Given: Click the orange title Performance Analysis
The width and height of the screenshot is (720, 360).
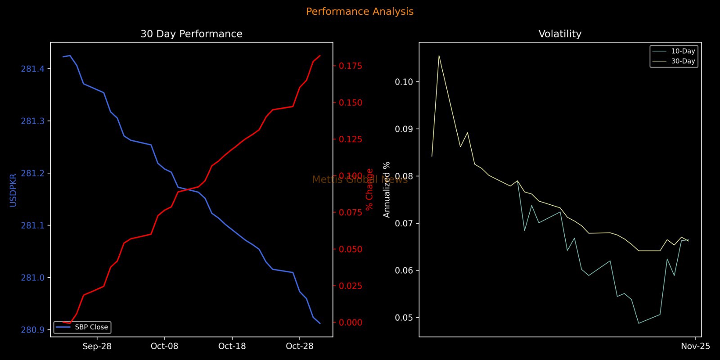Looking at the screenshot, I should point(360,12).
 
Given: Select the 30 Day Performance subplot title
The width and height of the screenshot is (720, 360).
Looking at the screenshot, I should point(191,34).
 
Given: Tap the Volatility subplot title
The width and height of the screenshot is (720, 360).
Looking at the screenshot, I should point(560,34).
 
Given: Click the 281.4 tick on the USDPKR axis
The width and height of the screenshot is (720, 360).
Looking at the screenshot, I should point(33,69).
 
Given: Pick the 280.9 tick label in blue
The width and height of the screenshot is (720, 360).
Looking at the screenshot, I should point(33,330).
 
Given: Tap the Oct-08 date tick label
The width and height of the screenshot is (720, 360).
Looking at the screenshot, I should point(164,346).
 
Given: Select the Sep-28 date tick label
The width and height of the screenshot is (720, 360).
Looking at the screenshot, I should point(97,346).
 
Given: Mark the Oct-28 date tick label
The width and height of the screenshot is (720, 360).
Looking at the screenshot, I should point(299,346).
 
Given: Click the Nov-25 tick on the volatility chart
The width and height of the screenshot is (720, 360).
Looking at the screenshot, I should point(695,346).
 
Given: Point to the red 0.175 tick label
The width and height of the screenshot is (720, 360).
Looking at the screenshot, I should point(351,66).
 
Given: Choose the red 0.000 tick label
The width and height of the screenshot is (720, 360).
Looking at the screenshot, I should point(351,323).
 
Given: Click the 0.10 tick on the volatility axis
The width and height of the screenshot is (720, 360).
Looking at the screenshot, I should point(404,82).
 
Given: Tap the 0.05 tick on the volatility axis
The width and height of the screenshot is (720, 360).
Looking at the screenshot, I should point(404,318).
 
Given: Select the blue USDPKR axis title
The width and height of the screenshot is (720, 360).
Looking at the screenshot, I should point(13,190).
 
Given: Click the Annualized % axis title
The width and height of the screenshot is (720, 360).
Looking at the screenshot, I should point(387,189).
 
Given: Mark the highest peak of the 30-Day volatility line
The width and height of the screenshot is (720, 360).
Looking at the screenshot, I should point(439,56).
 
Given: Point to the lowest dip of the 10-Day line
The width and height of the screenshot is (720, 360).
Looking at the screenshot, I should point(639,323).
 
